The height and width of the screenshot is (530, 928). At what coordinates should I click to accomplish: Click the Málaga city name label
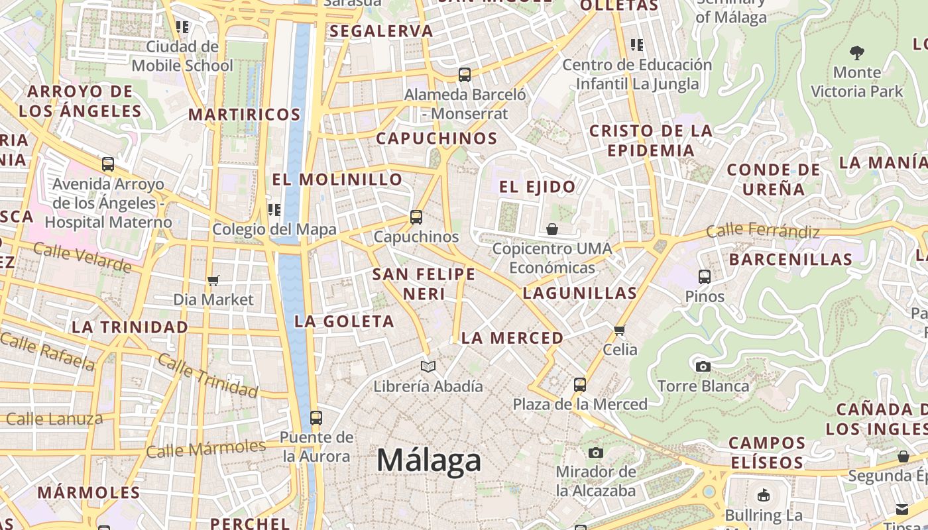[429, 460]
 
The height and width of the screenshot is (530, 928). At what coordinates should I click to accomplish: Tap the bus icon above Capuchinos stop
[416, 217]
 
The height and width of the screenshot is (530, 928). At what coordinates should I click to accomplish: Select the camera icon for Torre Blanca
[703, 366]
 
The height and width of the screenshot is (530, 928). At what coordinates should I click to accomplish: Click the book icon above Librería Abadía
[428, 366]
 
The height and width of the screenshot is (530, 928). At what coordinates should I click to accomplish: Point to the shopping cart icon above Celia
[620, 330]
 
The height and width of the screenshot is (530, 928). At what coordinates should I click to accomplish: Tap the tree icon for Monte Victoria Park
[857, 52]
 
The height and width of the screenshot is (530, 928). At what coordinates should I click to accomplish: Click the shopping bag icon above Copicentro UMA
[551, 229]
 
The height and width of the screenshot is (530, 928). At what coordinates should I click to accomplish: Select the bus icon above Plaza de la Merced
[580, 384]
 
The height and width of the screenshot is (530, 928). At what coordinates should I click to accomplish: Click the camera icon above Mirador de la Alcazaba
[596, 452]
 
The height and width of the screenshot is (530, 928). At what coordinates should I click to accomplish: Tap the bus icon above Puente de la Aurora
[316, 418]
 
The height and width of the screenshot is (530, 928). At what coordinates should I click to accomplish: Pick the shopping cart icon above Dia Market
[213, 280]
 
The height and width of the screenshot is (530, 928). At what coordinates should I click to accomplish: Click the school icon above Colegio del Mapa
[274, 210]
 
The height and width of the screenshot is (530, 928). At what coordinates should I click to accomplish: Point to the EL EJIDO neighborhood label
[537, 187]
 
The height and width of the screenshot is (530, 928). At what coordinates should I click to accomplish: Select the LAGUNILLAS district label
[579, 293]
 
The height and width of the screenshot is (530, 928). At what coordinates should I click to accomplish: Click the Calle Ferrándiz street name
[762, 231]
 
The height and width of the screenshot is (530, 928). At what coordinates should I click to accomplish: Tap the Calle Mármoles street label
[205, 449]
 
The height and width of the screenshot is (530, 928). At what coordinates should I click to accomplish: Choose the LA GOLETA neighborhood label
[344, 321]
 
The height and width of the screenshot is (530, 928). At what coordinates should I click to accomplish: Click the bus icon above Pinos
[705, 276]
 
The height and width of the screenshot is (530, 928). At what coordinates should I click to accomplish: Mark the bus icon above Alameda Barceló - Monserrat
[465, 75]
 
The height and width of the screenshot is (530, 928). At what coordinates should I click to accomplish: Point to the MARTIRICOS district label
[245, 115]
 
